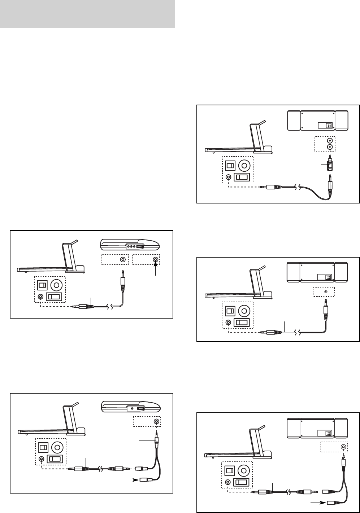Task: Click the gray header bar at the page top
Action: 87,14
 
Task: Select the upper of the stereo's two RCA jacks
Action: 329,140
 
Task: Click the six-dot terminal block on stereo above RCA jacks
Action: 329,125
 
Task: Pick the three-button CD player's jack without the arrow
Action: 123,260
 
